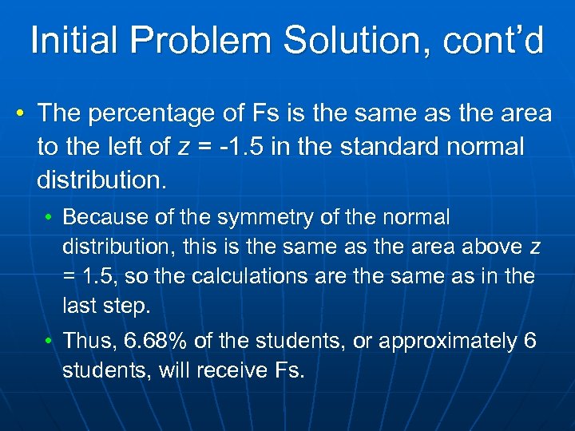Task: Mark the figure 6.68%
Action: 154,342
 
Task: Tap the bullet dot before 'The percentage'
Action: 18,113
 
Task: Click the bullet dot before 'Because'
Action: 49,217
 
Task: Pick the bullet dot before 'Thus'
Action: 49,342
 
